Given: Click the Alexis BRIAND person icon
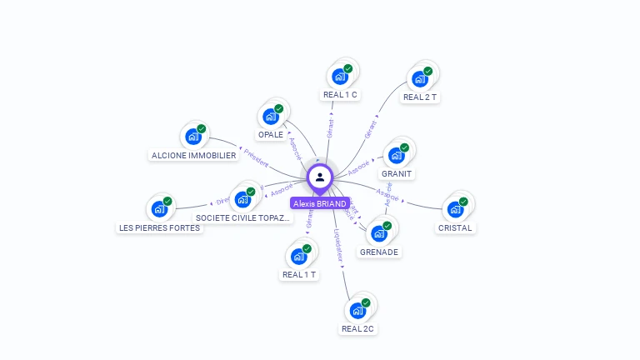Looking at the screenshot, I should click(320, 177).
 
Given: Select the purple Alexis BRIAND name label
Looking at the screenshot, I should click(320, 203).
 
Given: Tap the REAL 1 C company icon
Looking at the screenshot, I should click(339, 77).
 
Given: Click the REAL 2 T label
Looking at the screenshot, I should click(420, 97).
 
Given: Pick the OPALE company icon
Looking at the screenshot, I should click(270, 117).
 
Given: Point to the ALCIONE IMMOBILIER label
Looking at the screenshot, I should click(194, 155).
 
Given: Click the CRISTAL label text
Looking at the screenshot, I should click(455, 227).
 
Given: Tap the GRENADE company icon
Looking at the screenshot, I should click(378, 233).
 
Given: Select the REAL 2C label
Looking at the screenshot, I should click(358, 328).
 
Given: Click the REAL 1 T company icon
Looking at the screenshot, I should click(298, 257).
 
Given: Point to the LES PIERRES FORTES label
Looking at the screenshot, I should click(160, 227).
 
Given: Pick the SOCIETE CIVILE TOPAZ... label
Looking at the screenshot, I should click(243, 217).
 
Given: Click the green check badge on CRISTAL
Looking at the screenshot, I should click(463, 202).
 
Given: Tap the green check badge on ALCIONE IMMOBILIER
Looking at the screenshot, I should click(201, 129).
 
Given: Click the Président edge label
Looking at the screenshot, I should click(255, 158).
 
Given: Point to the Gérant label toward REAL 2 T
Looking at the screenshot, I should click(371, 128).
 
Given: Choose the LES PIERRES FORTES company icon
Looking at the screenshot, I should click(159, 209).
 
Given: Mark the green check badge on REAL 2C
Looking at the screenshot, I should click(365, 303).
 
